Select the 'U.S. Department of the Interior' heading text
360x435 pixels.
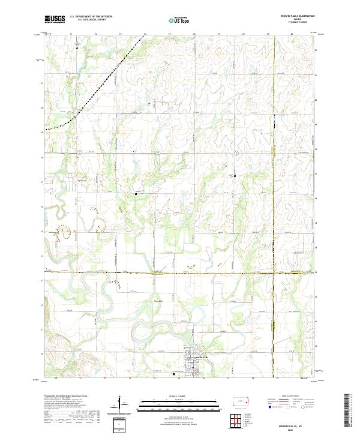coord(91,17)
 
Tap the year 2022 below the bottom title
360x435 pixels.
coord(298,429)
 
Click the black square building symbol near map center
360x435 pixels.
coord(137,194)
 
